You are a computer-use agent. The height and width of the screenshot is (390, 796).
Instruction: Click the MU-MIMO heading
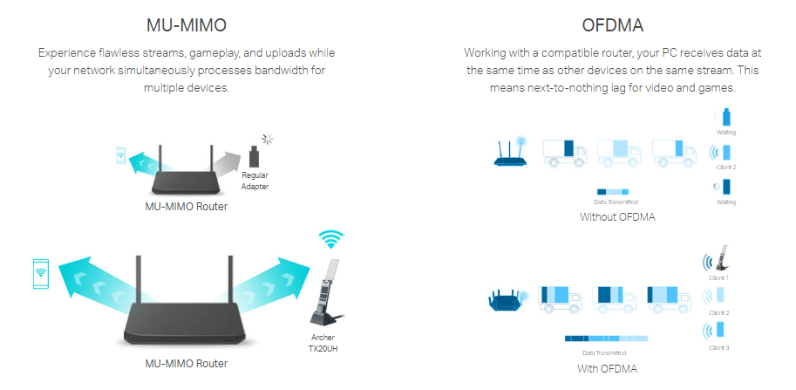pyautogui.click(x=187, y=24)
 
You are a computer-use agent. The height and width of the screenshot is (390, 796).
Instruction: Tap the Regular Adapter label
pyautogui.click(x=255, y=181)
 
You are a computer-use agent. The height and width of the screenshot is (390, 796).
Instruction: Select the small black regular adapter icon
pyautogui.click(x=255, y=157)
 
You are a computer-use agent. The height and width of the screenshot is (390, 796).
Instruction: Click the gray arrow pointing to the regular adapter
pyautogui.click(x=228, y=163)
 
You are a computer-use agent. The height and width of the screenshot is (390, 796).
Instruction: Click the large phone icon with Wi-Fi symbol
pyautogui.click(x=40, y=273)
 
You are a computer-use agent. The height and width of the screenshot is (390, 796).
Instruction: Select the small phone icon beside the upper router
pyautogui.click(x=120, y=156)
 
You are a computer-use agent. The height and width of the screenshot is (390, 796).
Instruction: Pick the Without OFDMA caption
pyautogui.click(x=617, y=217)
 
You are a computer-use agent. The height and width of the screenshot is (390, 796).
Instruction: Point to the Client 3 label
pyautogui.click(x=719, y=348)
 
